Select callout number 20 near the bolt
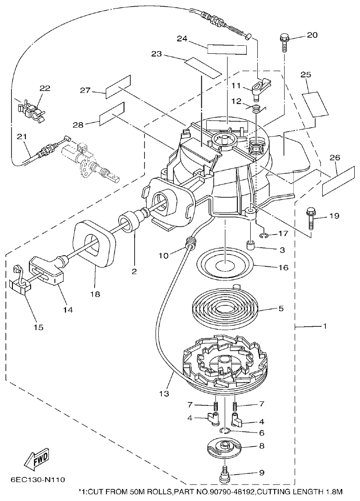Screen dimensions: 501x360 (x=312, y=35)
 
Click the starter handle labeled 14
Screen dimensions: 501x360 (x=46, y=270)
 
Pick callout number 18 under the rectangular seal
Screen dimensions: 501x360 (x=95, y=294)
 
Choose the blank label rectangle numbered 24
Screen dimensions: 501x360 (x=227, y=49)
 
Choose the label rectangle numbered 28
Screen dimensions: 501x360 (x=112, y=114)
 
